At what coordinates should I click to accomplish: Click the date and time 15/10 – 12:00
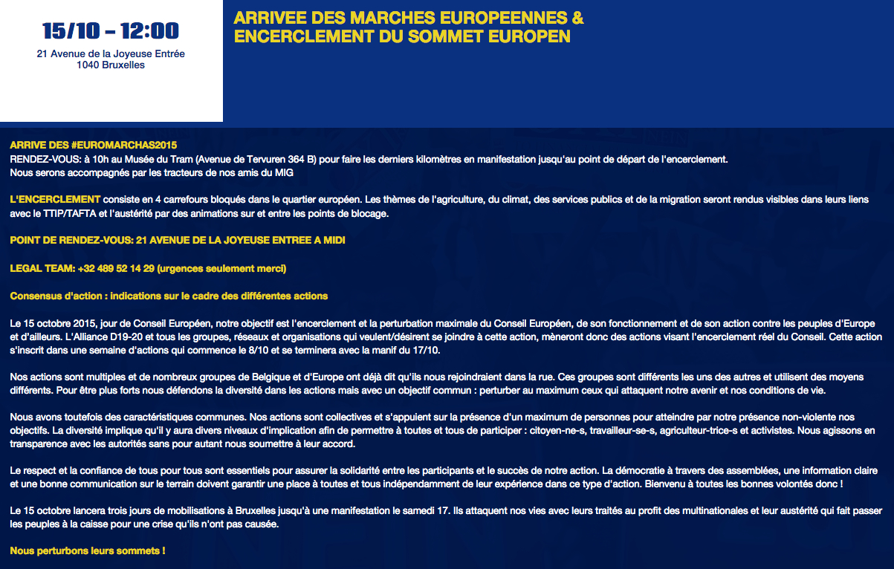point(111,31)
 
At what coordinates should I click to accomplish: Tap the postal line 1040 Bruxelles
point(111,65)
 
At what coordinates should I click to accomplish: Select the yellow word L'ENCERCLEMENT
point(55,200)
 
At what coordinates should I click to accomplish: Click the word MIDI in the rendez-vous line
point(333,241)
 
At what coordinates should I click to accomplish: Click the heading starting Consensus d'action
point(169,296)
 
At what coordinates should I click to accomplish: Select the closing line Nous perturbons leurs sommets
point(87,551)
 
